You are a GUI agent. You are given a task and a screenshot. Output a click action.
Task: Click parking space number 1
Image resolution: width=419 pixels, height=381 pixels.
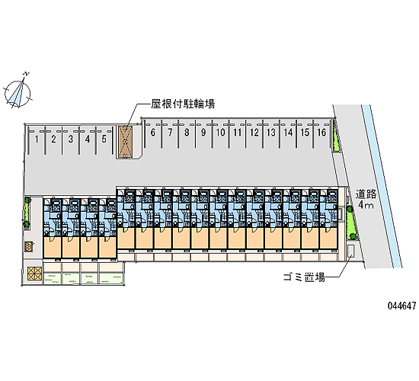tap(37, 139)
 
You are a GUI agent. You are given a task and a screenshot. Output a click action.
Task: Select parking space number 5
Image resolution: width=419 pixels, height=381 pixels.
tap(104, 139)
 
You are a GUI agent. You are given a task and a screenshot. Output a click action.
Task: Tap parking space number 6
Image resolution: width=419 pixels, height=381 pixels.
tap(153, 133)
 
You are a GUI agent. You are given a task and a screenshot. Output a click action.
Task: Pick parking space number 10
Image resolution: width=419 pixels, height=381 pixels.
tap(220, 133)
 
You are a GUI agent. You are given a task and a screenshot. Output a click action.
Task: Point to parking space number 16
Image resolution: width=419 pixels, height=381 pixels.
tap(321, 133)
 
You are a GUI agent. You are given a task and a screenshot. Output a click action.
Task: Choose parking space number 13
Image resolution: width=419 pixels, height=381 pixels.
tap(271, 133)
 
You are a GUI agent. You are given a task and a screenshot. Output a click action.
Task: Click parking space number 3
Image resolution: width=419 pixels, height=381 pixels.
tap(71, 139)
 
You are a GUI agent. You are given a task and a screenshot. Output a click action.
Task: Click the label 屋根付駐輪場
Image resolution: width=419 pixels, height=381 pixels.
tap(183, 104)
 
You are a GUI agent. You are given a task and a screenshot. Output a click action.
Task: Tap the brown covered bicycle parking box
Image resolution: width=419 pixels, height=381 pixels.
tap(125, 142)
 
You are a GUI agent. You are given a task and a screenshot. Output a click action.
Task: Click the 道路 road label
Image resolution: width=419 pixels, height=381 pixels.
tap(366, 194)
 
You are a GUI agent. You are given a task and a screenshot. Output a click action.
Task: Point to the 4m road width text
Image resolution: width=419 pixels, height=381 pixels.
tap(366, 205)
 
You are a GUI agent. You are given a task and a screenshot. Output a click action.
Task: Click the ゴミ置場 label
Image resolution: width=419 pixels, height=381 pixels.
tap(304, 277)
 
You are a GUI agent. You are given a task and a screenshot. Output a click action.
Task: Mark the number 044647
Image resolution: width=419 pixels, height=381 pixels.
tap(402, 306)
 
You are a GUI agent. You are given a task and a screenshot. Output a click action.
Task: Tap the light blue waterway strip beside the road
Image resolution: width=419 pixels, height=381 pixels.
tap(382, 186)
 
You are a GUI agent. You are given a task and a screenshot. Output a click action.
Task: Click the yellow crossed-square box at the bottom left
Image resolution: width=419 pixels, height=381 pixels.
tap(35, 274)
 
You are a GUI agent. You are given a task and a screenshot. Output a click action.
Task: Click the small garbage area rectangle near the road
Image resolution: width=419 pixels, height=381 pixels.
tap(351, 251)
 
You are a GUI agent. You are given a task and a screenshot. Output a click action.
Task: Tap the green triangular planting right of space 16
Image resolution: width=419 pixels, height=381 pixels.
tap(336, 139)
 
